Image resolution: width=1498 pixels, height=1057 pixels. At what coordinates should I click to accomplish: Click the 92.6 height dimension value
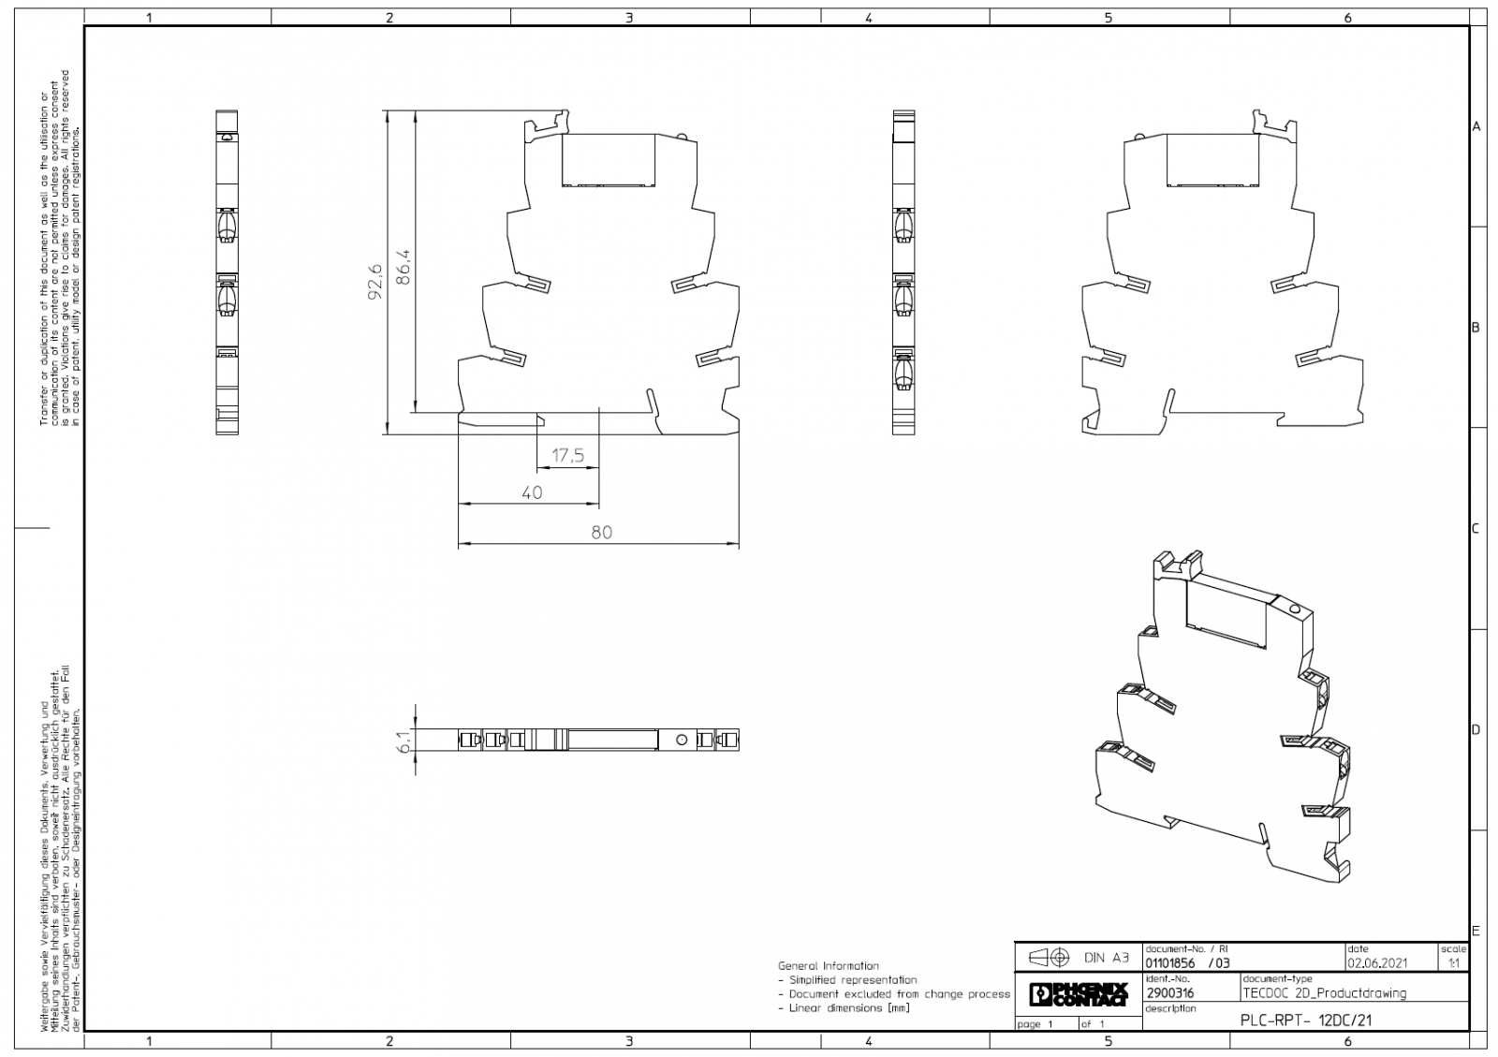tap(375, 281)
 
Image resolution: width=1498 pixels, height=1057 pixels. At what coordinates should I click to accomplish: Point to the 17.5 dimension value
tap(567, 456)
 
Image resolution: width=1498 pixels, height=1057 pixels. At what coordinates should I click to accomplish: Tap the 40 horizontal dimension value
tap(532, 492)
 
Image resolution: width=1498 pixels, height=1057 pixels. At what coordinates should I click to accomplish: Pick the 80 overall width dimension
tap(601, 532)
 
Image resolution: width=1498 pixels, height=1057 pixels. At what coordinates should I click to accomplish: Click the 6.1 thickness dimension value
tap(404, 741)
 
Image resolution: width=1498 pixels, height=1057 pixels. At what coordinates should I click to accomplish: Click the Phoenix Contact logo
tap(1078, 993)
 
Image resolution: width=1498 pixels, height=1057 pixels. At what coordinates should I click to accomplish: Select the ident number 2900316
tap(1170, 993)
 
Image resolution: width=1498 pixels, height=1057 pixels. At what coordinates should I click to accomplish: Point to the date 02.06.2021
tap(1377, 962)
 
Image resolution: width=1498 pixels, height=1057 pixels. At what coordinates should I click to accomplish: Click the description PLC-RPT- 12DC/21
tap(1305, 1021)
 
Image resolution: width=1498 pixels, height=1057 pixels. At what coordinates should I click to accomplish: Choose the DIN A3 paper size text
tap(1107, 958)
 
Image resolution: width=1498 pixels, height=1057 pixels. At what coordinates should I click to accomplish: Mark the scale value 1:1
tap(1453, 962)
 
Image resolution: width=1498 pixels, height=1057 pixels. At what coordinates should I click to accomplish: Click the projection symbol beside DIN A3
tap(1049, 958)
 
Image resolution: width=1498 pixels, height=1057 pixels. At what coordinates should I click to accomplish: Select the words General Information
tap(829, 965)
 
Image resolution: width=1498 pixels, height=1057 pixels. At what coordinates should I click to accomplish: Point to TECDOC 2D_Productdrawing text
tap(1324, 993)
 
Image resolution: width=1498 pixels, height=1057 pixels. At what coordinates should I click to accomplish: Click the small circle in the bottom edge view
tap(682, 741)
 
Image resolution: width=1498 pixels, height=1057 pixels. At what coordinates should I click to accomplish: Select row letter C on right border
tap(1476, 529)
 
